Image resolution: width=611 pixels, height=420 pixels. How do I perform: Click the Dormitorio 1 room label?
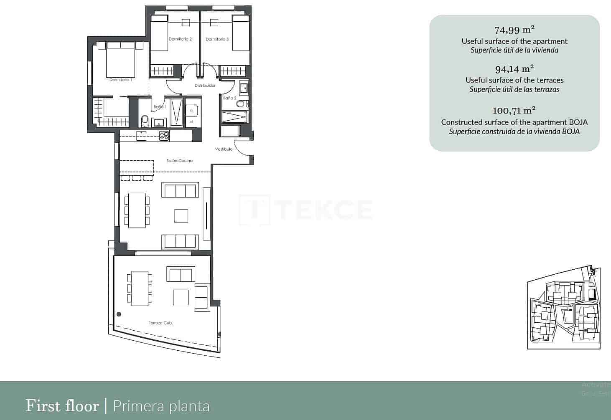tap(121, 79)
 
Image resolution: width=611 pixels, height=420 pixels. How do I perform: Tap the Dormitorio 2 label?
tap(180, 39)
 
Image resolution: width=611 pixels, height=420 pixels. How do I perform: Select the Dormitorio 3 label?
tap(217, 39)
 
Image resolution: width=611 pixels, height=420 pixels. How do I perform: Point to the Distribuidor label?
tap(205, 86)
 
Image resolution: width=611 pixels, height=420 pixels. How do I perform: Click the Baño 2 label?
tap(230, 98)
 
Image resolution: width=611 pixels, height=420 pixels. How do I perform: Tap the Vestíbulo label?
tap(224, 149)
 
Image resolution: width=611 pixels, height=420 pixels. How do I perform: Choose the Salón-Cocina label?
tap(180, 160)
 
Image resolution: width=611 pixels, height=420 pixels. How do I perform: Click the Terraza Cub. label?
tap(161, 323)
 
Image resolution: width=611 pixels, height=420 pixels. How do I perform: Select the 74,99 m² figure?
tap(514, 30)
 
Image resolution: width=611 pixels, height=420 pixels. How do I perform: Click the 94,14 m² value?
tap(514, 68)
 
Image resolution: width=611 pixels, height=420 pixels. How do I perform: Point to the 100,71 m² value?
tap(514, 111)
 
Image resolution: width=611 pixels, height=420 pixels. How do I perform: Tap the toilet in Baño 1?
tap(145, 121)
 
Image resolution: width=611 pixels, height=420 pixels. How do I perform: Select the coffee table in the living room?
tap(181, 216)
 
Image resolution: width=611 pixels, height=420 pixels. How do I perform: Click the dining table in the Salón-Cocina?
tap(137, 210)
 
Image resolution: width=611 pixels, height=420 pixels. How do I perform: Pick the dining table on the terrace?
tap(140, 288)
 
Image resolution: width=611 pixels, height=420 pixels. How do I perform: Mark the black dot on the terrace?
tap(119, 314)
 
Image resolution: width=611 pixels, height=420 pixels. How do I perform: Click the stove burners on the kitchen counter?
tap(163, 135)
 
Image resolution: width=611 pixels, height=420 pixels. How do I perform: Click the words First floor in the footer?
tap(62, 406)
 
